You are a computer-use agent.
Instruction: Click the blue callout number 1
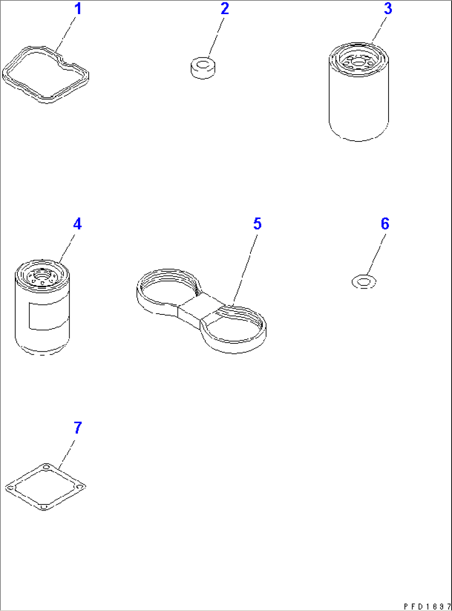pos(78,9)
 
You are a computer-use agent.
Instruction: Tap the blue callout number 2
pos(224,9)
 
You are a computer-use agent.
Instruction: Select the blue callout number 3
pos(388,9)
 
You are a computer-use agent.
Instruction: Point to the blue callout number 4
pos(77,224)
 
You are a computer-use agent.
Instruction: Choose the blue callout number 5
pos(257,224)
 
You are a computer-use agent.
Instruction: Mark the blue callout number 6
pos(385,224)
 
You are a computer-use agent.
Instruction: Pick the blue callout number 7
pos(78,428)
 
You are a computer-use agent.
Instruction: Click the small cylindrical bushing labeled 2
pos(203,68)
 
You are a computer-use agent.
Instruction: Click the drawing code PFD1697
pos(427,606)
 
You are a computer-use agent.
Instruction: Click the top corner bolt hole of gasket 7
pos(46,467)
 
